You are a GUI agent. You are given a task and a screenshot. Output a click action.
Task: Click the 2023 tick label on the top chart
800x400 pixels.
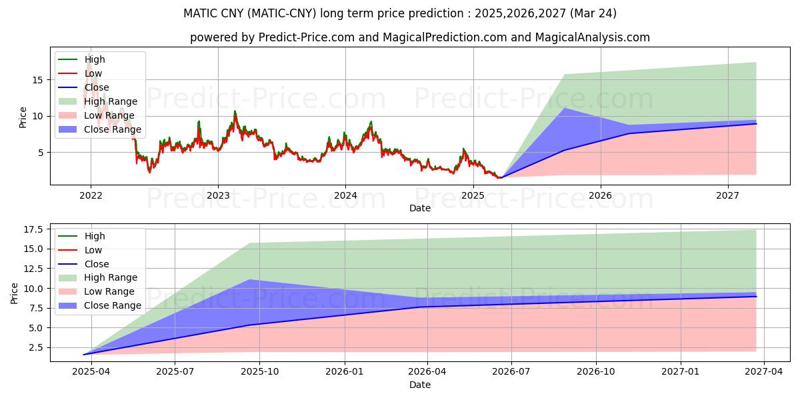[x=218, y=196]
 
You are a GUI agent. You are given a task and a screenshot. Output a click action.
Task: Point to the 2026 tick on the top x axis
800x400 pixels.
[x=601, y=196]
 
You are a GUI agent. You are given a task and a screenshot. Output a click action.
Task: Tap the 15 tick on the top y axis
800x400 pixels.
[x=37, y=80]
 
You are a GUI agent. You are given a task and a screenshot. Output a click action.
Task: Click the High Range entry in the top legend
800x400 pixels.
[x=111, y=101]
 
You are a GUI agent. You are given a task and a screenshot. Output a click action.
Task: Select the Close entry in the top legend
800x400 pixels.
[x=97, y=87]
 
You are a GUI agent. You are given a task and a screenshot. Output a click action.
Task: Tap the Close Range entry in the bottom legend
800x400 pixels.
[x=113, y=305]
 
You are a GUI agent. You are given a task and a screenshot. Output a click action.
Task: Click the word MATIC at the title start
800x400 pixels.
[x=199, y=13]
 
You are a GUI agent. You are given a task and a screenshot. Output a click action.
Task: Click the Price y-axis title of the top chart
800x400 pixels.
[x=23, y=117]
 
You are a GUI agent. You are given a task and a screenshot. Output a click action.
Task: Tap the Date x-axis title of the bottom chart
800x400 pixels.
[x=420, y=385]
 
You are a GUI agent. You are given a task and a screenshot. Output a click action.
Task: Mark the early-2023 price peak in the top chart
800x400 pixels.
[x=235, y=111]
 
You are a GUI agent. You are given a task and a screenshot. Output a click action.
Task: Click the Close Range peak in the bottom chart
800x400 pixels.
[x=249, y=279]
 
